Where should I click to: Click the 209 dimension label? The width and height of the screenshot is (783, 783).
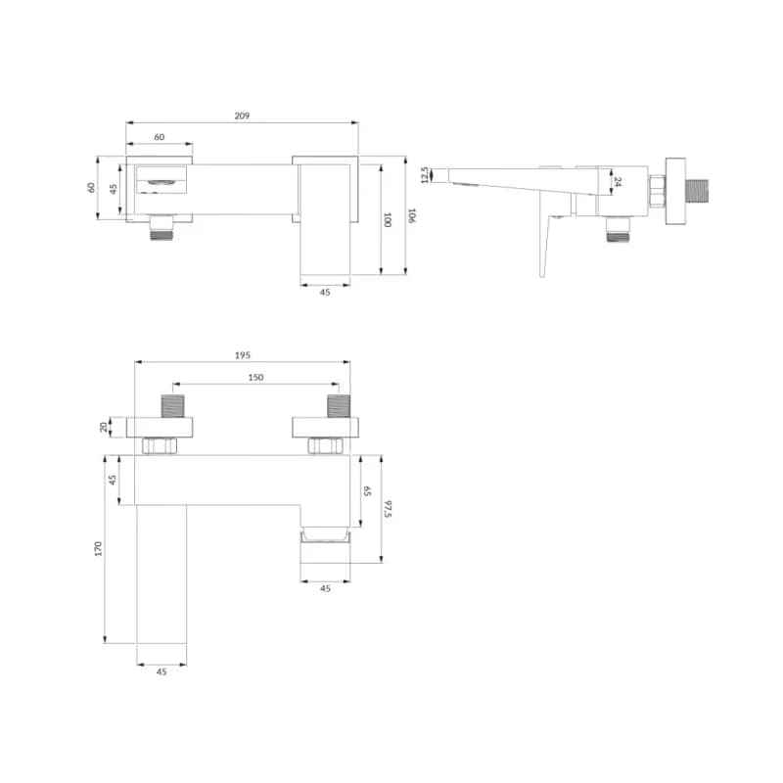point(242,115)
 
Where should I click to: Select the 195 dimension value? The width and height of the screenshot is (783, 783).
point(242,355)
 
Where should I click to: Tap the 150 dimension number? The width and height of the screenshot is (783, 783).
point(255,378)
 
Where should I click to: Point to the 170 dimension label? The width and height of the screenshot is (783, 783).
point(98,548)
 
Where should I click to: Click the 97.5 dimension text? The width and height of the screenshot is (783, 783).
point(389,509)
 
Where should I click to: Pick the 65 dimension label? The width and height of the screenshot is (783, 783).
point(367,491)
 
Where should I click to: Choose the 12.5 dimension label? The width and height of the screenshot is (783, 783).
point(425,175)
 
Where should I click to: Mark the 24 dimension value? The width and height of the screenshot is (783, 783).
point(618,182)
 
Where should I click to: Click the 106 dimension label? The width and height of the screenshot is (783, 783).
point(411,215)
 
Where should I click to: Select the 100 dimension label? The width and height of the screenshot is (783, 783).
point(387,219)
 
